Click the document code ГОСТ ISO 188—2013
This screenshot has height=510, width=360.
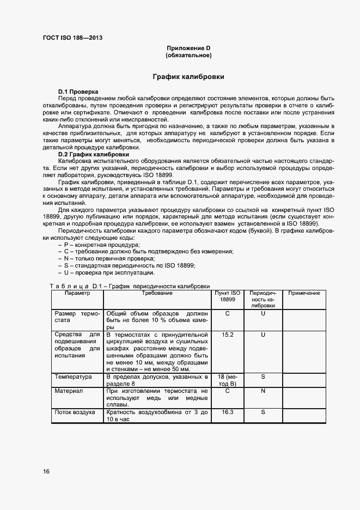tap(72, 38)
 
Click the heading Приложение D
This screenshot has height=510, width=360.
tap(188, 48)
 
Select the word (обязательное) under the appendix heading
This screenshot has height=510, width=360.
tap(188, 56)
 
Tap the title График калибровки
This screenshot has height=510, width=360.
tap(188, 77)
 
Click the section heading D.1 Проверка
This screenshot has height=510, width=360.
tap(78, 90)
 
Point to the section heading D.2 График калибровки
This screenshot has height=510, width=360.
tap(90, 154)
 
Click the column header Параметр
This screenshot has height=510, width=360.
tap(77, 293)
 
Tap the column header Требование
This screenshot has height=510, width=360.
tap(157, 293)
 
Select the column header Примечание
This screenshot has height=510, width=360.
tap(304, 293)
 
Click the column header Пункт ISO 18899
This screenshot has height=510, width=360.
tap(227, 296)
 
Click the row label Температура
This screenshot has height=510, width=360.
tap(73, 377)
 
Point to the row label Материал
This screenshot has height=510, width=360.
tap(69, 391)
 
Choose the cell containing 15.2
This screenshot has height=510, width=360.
tap(227, 334)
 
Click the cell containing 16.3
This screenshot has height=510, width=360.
tap(227, 412)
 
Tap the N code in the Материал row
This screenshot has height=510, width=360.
tap(263, 391)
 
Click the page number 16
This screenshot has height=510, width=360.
tap(46, 471)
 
